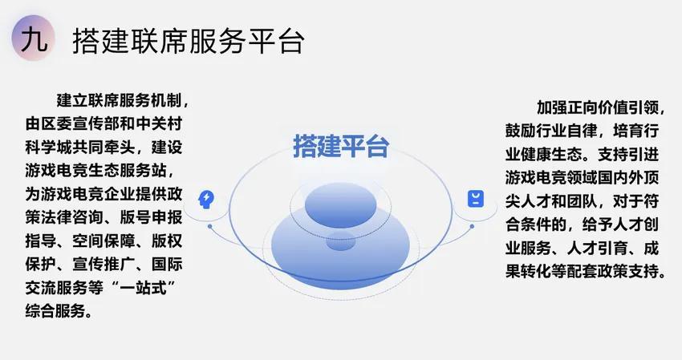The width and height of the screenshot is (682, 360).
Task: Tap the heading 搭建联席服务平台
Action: [189, 42]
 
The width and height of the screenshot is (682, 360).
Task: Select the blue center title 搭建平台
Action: [340, 146]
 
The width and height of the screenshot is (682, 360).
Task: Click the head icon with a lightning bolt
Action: [206, 200]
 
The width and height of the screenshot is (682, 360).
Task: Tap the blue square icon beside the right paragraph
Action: [476, 199]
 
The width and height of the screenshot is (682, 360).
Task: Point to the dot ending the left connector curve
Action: [210, 227]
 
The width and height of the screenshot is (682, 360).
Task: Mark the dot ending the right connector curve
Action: [472, 227]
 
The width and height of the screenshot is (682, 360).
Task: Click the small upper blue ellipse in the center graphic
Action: [340, 205]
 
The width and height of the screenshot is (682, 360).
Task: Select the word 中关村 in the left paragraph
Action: [159, 123]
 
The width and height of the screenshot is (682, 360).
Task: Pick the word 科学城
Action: [49, 148]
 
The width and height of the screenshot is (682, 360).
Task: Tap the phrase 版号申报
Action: [151, 217]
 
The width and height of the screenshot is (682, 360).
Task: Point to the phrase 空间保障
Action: [104, 241]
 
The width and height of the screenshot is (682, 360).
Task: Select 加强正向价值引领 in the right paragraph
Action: [598, 107]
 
